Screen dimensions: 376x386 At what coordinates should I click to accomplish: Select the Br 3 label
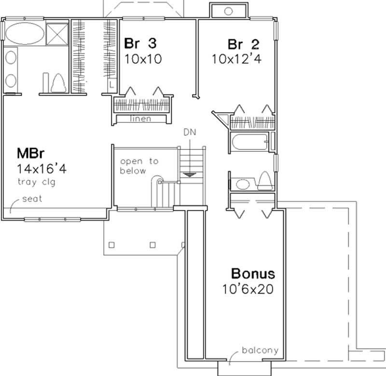(140, 44)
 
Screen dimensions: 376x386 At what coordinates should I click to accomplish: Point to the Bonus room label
(253, 275)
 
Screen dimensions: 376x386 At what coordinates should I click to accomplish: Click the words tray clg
(36, 182)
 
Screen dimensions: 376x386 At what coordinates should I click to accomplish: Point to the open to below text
(139, 165)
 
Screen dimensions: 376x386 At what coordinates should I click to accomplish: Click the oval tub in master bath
(23, 33)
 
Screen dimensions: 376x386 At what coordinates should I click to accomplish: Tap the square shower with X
(57, 33)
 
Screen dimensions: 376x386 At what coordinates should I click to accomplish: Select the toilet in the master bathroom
(58, 83)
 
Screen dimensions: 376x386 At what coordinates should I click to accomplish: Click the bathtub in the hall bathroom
(248, 143)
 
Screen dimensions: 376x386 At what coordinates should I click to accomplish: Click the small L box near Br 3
(112, 84)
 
